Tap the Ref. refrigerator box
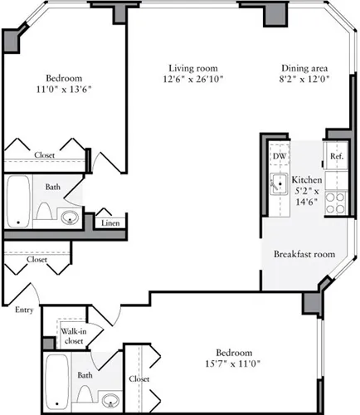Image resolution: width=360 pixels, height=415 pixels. [337, 156]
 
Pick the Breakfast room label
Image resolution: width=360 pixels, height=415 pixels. [304, 254]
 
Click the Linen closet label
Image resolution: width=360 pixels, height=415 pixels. [109, 223]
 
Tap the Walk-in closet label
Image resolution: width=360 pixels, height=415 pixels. [73, 335]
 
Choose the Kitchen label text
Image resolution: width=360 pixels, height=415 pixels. [307, 179]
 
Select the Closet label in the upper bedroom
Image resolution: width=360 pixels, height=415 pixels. [45, 154]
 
